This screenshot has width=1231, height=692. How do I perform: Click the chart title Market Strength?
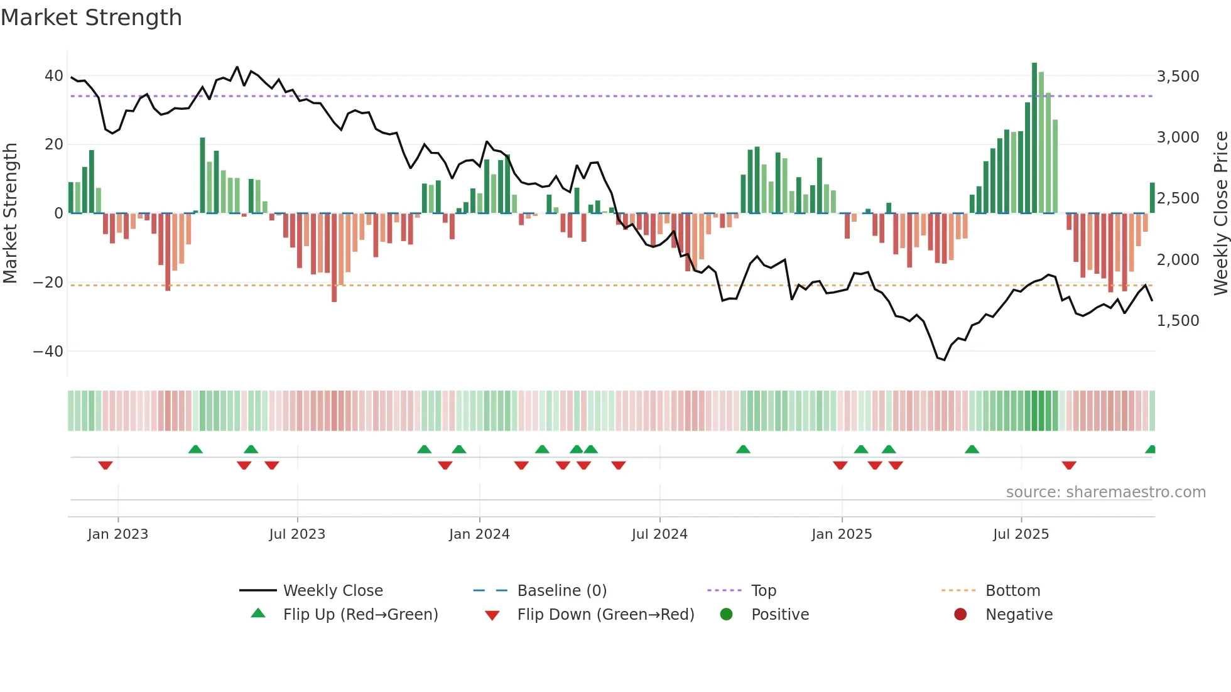(91, 18)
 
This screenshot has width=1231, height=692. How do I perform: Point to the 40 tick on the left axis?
(53, 76)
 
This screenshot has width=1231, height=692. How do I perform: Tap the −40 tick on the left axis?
(48, 351)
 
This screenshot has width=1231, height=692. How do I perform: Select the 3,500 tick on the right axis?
(1178, 77)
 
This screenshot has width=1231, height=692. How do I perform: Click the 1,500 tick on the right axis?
(1178, 321)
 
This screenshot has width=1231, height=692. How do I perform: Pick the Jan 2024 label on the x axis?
(479, 534)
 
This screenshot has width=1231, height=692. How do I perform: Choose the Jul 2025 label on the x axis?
(1021, 534)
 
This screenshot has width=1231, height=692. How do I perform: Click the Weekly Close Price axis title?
(1220, 214)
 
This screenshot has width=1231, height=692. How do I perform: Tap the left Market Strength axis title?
(11, 214)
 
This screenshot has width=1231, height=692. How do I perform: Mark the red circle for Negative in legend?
(960, 615)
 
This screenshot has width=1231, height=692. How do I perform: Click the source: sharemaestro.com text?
(1105, 492)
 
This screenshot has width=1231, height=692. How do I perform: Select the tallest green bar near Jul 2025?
(1034, 138)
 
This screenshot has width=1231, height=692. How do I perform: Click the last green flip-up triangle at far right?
(1151, 450)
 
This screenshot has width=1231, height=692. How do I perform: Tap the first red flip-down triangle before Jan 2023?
(106, 465)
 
